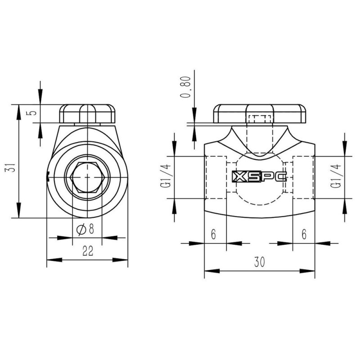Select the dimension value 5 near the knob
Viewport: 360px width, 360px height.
pos(32,112)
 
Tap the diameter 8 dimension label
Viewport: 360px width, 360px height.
pos(86,229)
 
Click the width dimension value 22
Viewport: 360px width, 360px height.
pos(87,252)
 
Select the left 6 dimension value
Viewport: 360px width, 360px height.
pos(213,234)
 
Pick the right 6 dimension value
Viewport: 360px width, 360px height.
pos(304,234)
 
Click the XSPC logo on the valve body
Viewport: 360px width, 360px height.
pos(259,177)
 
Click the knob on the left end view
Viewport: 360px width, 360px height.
pos(87,114)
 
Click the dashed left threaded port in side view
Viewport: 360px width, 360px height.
pos(216,178)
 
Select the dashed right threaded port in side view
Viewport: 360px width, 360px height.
pos(303,178)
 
